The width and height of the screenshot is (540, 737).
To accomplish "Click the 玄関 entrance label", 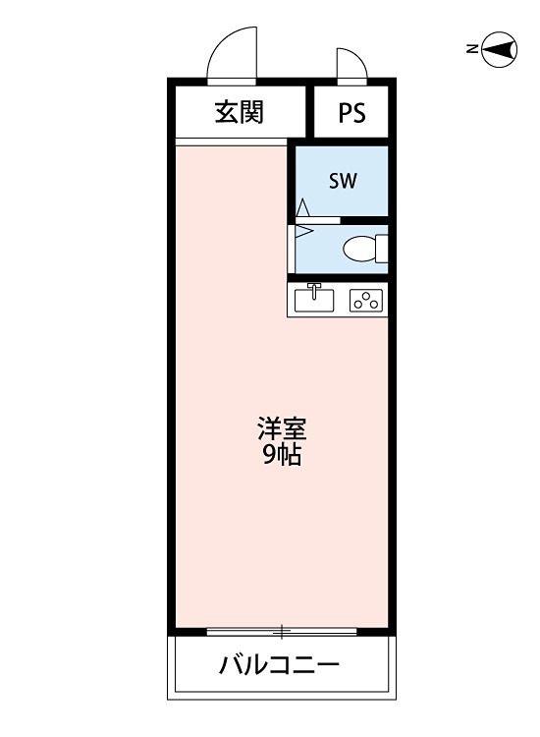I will pos(240,113).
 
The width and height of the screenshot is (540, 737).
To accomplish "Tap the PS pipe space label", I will pos(351,113).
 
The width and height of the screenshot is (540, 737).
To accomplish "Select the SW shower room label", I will pos(343,181).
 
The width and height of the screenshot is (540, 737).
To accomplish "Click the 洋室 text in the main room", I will pos(282,429).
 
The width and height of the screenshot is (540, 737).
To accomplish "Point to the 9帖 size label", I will pos(282,455).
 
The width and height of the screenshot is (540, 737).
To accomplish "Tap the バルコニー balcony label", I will pos(280,665).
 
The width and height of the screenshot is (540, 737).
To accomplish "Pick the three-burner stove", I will pos(365,300).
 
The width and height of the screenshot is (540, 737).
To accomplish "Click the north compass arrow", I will pos(502,49).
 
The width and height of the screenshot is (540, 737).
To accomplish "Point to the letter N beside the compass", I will pos(472,49).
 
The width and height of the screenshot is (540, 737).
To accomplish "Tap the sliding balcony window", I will pos(282,631).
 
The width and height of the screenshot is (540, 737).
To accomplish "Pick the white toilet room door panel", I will pos(293,249).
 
